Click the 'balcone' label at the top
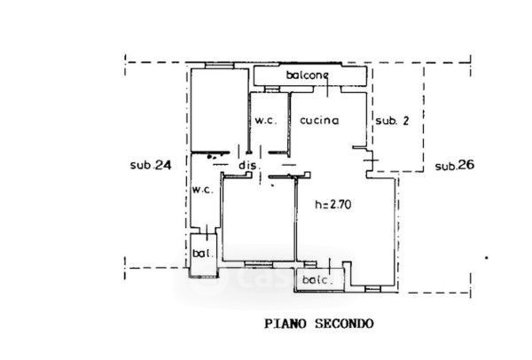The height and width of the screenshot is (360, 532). point(307,75)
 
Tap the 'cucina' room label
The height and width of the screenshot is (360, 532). point(319,121)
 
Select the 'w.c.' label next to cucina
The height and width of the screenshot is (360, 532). point(266,121)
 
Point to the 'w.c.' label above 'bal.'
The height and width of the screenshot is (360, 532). point(202,190)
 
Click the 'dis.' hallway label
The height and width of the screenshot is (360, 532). point(250,165)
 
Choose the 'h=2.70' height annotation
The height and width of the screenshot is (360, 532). point(333,205)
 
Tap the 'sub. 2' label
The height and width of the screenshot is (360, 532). point(392,121)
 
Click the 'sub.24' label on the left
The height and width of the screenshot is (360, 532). point(151,165)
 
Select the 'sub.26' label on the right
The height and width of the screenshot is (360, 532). point(455,166)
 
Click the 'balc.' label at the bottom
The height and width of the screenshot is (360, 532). point(317,280)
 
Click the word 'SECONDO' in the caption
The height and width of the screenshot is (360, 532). point(344,324)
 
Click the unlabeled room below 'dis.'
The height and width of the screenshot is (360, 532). point(259,219)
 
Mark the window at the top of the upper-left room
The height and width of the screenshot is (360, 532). point(220,66)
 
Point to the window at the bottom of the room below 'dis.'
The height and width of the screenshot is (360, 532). point(259,263)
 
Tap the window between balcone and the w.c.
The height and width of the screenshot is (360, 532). point(272,90)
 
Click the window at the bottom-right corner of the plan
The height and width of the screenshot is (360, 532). point(372,289)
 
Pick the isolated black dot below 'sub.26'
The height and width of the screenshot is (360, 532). point(486,258)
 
